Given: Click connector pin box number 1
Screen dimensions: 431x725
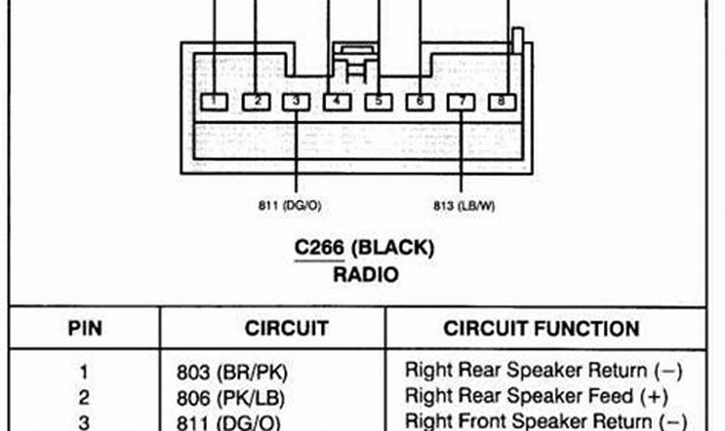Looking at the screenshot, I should pyautogui.click(x=214, y=102).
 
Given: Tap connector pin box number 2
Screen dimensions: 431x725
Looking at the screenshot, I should pyautogui.click(x=256, y=102).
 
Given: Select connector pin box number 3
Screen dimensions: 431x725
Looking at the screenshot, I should pyautogui.click(x=297, y=102).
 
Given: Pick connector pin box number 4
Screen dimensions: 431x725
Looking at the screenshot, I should pyautogui.click(x=338, y=102).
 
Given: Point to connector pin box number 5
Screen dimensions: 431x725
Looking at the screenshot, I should pyautogui.click(x=379, y=102).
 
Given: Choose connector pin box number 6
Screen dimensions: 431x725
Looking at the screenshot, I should pyautogui.click(x=420, y=102).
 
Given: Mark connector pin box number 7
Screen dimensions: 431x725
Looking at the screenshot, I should pyautogui.click(x=461, y=102).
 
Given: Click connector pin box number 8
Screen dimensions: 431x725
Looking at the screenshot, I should pyautogui.click(x=502, y=102).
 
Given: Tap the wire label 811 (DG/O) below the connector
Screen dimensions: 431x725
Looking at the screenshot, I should pyautogui.click(x=289, y=206).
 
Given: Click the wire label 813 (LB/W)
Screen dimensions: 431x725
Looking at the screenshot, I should pyautogui.click(x=464, y=206).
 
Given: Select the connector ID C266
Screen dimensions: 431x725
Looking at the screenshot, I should pyautogui.click(x=319, y=248).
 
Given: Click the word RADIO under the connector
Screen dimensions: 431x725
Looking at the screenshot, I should pyautogui.click(x=365, y=275).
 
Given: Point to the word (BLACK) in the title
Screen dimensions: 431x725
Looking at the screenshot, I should pyautogui.click(x=393, y=248).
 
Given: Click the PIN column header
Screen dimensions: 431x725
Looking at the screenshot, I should pyautogui.click(x=85, y=329).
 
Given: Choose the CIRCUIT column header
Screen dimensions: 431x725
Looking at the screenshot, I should pyautogui.click(x=286, y=329).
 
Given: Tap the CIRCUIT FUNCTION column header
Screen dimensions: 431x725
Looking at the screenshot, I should pyautogui.click(x=541, y=329).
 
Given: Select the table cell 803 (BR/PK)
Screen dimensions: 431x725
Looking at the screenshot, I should pyautogui.click(x=232, y=373).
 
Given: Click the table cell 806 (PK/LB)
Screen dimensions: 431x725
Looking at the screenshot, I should pyautogui.click(x=230, y=398).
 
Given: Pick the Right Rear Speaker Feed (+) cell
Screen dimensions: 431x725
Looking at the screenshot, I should pyautogui.click(x=536, y=396).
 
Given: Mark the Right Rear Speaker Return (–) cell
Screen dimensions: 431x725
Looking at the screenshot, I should pyautogui.click(x=543, y=371).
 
